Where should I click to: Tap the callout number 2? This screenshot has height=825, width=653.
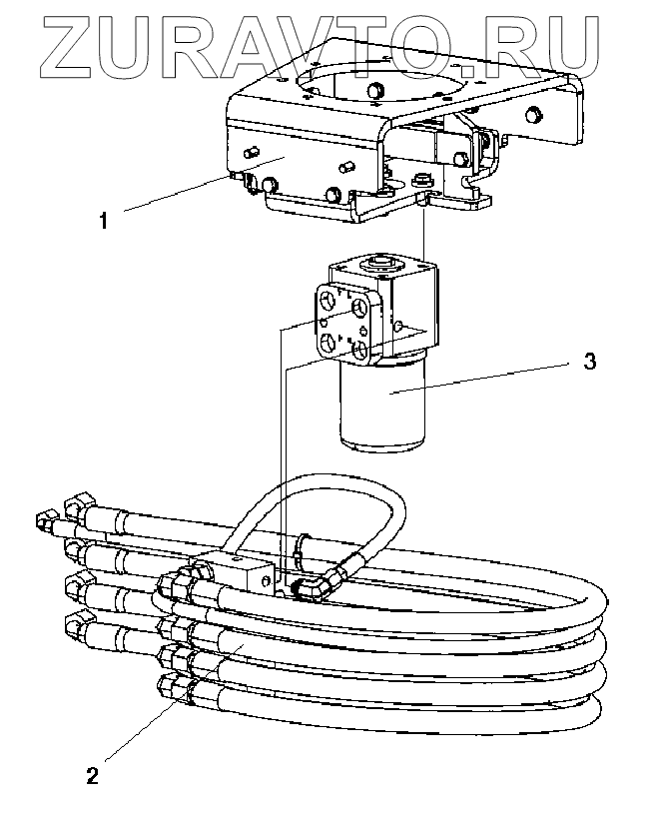coord(92,775)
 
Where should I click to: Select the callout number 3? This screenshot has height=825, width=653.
coord(590,361)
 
